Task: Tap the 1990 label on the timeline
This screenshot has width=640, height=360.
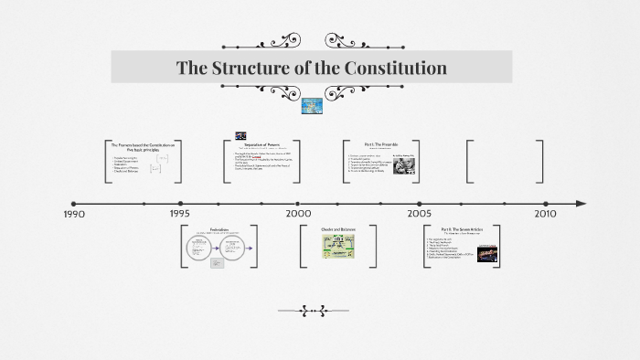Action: pyautogui.click(x=74, y=214)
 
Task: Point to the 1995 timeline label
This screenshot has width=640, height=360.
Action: pyautogui.click(x=180, y=214)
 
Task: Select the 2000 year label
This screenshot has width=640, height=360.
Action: pyautogui.click(x=298, y=214)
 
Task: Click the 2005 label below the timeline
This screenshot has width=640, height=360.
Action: pyautogui.click(x=420, y=214)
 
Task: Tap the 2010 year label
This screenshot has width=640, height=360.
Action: pyautogui.click(x=545, y=214)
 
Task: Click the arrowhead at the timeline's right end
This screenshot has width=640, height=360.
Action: pyautogui.click(x=581, y=203)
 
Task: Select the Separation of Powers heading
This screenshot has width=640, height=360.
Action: pyautogui.click(x=267, y=143)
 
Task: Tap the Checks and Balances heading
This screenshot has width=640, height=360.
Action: pyautogui.click(x=336, y=229)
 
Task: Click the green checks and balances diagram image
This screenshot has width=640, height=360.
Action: pyautogui.click(x=336, y=247)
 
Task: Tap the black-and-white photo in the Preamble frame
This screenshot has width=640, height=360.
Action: pyautogui.click(x=405, y=164)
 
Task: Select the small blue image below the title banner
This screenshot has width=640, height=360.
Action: pyautogui.click(x=312, y=106)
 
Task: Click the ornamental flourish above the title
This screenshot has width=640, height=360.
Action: pyautogui.click(x=312, y=41)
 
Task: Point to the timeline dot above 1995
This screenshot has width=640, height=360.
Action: pyautogui.click(x=181, y=203)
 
